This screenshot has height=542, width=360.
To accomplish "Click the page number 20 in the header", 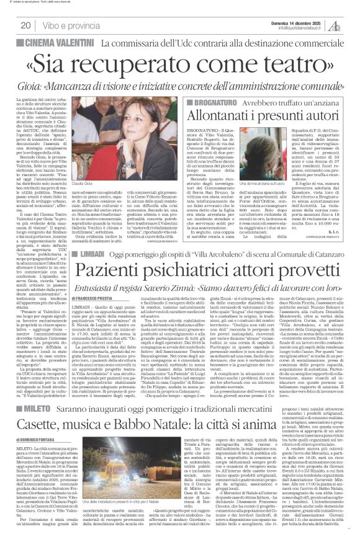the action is (x=26, y=26).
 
